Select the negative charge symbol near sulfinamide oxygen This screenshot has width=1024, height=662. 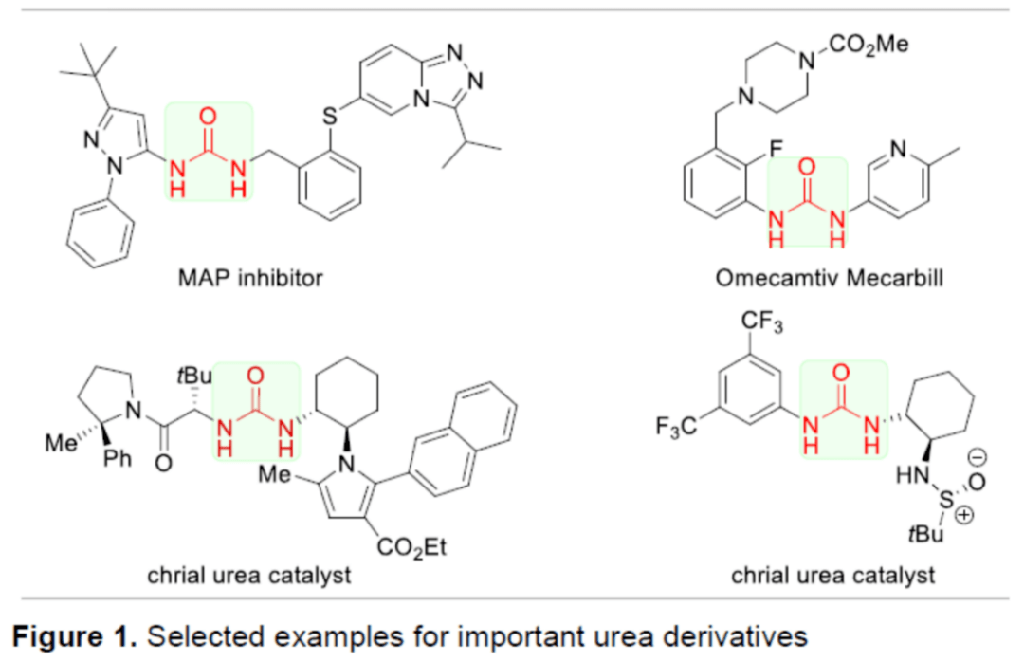coord(978,458)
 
